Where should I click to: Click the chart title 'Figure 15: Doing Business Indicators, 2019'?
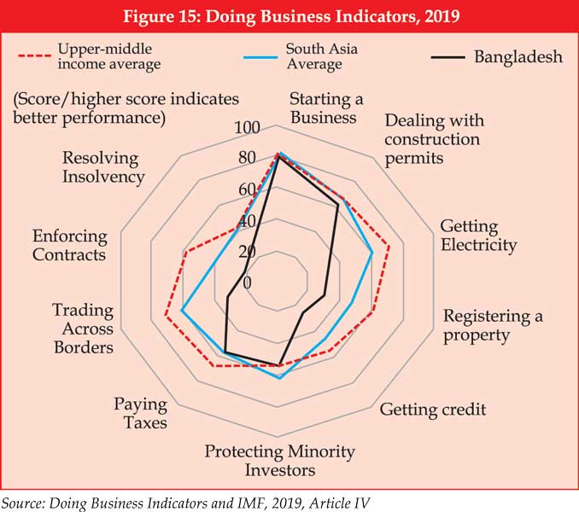[x=289, y=16]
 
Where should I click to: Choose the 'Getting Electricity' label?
[x=478, y=236]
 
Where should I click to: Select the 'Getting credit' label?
[x=433, y=410]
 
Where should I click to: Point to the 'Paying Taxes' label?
[x=141, y=414]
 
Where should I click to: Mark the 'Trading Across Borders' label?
[x=83, y=329]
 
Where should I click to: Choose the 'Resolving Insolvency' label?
[x=103, y=167]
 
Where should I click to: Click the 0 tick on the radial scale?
[x=247, y=282]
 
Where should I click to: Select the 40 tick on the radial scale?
[x=246, y=221]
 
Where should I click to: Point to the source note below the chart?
[x=186, y=499]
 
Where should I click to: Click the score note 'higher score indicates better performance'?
[x=126, y=107]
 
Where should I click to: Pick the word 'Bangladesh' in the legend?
[x=518, y=57]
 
